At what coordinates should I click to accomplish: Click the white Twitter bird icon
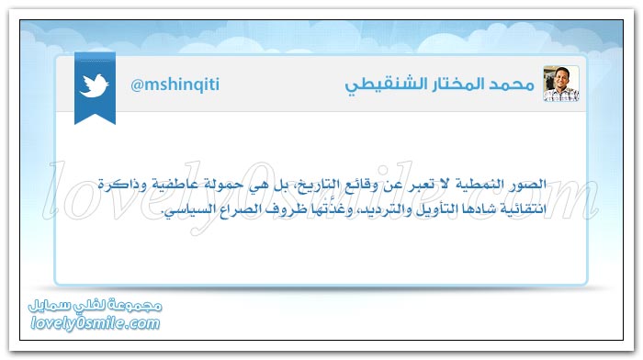pos(93,85)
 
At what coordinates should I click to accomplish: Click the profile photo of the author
pos(560,84)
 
